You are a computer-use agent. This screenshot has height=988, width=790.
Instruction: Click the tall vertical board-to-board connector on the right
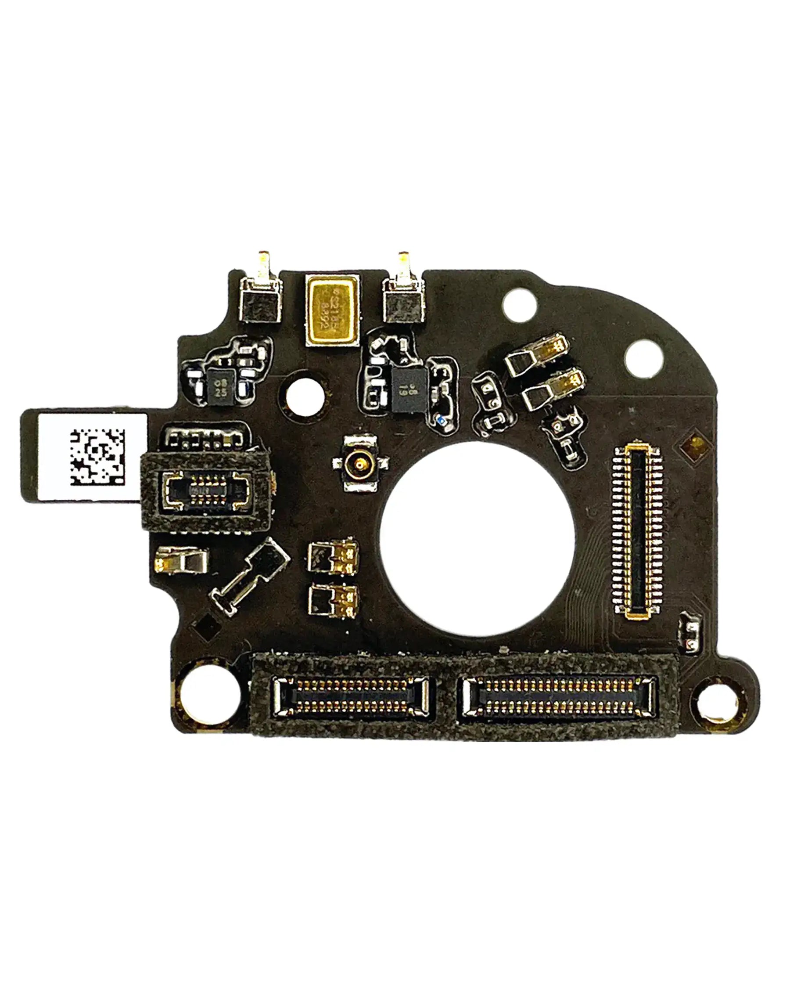(x=640, y=532)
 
